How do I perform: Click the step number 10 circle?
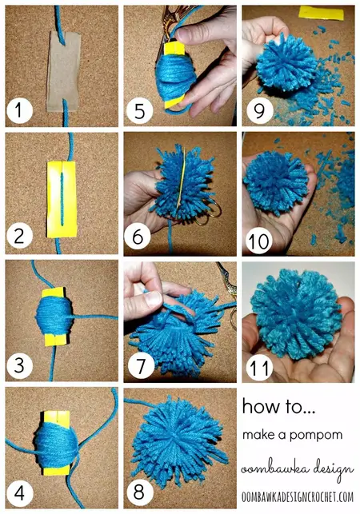click(259, 237)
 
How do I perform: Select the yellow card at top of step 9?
click(316, 13)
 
